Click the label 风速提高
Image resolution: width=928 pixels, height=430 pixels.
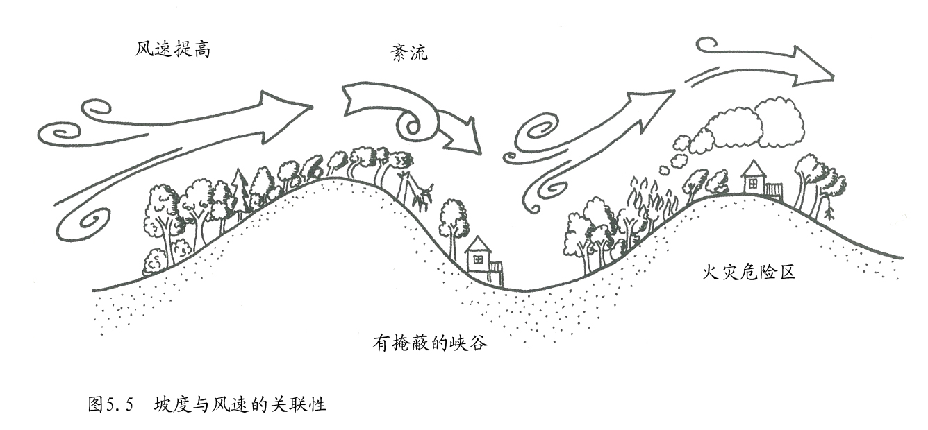tap(172, 51)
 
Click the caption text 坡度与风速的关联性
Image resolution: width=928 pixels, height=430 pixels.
tap(240, 405)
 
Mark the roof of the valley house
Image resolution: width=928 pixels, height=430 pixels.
tap(478, 244)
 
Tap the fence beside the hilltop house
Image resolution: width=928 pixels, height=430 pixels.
tap(773, 190)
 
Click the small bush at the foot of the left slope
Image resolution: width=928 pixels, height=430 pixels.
tap(155, 262)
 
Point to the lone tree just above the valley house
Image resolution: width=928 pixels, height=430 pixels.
tap(454, 218)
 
